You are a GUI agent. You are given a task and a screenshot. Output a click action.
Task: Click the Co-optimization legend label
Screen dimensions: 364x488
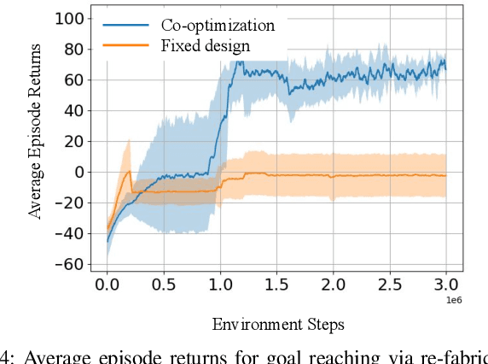click(218, 26)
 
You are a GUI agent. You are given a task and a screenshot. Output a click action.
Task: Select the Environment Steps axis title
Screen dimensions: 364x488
click(278, 324)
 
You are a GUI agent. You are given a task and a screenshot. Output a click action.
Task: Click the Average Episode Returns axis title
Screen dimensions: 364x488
click(36, 141)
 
